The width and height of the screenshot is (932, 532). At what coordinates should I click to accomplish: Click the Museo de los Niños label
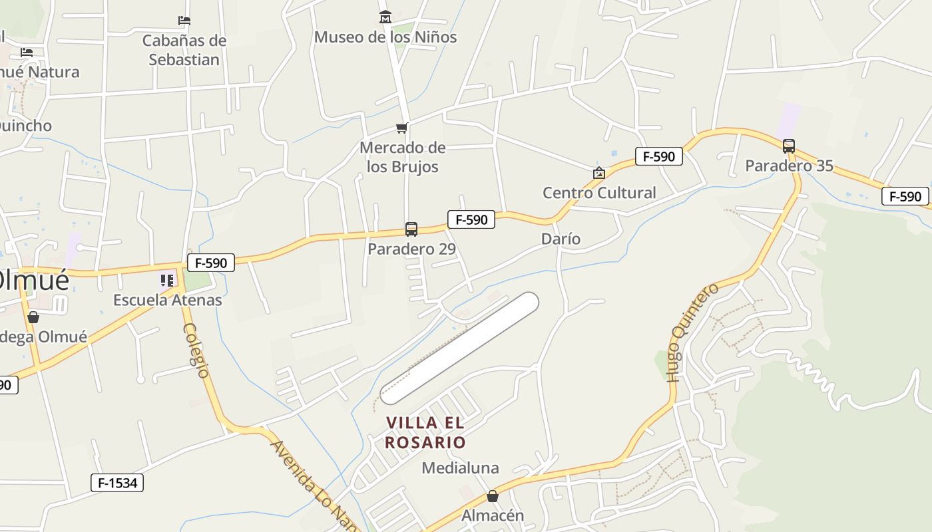tap(385, 37)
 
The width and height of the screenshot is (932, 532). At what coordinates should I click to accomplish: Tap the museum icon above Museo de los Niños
tap(385, 17)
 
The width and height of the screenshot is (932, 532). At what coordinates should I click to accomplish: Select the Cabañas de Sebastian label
tap(184, 50)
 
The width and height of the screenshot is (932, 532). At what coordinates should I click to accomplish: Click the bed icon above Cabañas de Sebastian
tap(184, 21)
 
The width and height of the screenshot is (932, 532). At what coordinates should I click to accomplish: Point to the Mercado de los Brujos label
tap(402, 156)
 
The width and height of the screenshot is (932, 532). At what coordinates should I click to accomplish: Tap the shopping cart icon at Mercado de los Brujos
tap(401, 128)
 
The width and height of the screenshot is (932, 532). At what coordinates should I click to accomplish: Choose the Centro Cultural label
tap(599, 193)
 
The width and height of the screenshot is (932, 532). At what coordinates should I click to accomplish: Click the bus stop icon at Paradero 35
tap(789, 146)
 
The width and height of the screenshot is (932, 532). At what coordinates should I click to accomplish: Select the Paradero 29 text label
tap(411, 249)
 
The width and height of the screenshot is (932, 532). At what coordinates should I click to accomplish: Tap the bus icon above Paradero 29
tap(411, 229)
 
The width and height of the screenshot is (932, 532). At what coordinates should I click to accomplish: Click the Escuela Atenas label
tap(167, 300)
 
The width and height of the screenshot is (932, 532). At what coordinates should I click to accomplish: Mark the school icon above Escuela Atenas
tap(166, 281)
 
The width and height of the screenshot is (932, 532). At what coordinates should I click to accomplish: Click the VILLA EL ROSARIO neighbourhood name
tap(425, 432)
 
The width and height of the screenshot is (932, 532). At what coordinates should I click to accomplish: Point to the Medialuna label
tap(460, 468)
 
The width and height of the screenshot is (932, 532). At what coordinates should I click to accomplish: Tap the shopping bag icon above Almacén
tap(493, 496)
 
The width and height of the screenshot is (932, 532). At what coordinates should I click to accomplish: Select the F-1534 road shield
tap(117, 483)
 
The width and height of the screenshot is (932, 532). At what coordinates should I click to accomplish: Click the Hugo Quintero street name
tap(693, 332)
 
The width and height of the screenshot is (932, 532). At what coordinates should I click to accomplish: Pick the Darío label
tap(561, 239)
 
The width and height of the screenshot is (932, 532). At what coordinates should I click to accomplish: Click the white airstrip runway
tap(459, 348)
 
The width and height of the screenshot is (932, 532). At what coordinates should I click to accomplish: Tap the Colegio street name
tap(196, 350)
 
